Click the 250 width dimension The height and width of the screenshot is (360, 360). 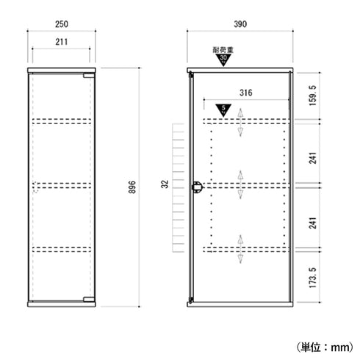coord(62,24)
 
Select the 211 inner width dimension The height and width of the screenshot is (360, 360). coord(61,42)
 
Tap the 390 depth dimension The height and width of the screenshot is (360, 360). coord(240,24)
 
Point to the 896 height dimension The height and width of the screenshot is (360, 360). coord(132,187)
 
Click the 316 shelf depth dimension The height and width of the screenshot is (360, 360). coord(245,93)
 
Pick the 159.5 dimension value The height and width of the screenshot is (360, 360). coord(313,96)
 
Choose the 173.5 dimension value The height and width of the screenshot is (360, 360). coord(313,278)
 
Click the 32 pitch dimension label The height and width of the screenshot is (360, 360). coord(165,184)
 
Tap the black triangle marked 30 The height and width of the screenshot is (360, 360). coord(223,60)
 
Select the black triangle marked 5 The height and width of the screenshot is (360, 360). coord(223,109)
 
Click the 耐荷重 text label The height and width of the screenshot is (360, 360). coord(223,50)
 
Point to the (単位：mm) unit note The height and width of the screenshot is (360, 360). coord(325,347)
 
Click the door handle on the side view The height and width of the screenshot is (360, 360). coord(196,187)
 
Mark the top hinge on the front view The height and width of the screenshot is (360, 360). coord(89,76)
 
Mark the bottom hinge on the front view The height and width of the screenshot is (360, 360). coord(89,299)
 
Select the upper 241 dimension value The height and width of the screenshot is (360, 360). coord(313,158)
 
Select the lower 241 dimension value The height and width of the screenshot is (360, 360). coord(313,223)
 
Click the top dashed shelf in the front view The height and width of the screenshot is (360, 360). coord(62,121)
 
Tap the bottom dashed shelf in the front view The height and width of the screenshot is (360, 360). coord(62,249)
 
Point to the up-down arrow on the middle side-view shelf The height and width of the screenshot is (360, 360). coord(240,185)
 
